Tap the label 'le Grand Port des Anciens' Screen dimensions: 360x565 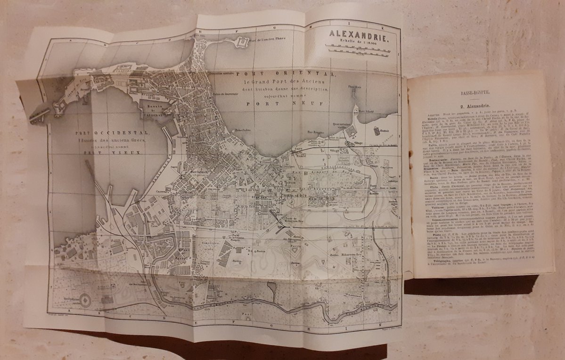(x=278, y=82)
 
